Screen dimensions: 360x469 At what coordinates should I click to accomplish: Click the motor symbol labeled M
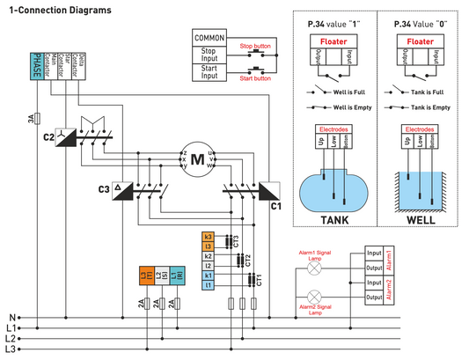coord(198,159)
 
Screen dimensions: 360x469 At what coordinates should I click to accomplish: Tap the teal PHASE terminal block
coord(37,67)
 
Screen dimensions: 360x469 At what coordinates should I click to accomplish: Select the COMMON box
coord(209,38)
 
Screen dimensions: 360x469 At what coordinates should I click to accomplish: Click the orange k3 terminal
coord(209,237)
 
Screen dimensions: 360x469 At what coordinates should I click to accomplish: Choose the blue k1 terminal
coord(209,275)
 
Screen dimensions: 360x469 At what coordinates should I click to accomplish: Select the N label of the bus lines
coord(11,316)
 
